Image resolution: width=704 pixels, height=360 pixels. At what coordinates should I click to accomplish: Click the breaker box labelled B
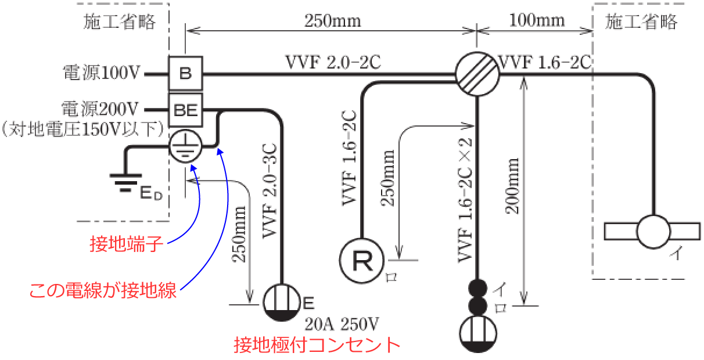tap(185, 73)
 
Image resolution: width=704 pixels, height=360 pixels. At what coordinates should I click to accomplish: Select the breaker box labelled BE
tap(185, 109)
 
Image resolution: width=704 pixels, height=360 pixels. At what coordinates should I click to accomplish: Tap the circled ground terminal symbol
tap(185, 146)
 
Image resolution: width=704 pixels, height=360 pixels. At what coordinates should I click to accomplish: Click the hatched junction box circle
tap(476, 73)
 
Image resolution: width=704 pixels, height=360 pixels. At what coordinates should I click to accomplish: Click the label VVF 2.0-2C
tap(333, 62)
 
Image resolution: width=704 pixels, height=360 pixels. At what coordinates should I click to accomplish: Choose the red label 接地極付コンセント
tap(317, 345)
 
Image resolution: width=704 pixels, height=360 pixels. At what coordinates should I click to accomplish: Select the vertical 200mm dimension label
tap(512, 186)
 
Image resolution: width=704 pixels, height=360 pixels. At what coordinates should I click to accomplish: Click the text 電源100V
tap(102, 73)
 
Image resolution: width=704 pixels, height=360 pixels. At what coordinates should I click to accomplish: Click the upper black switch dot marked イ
tap(477, 287)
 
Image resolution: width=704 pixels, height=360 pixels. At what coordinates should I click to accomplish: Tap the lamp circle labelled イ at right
tap(654, 232)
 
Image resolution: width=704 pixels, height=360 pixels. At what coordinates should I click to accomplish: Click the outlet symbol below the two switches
tap(477, 334)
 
